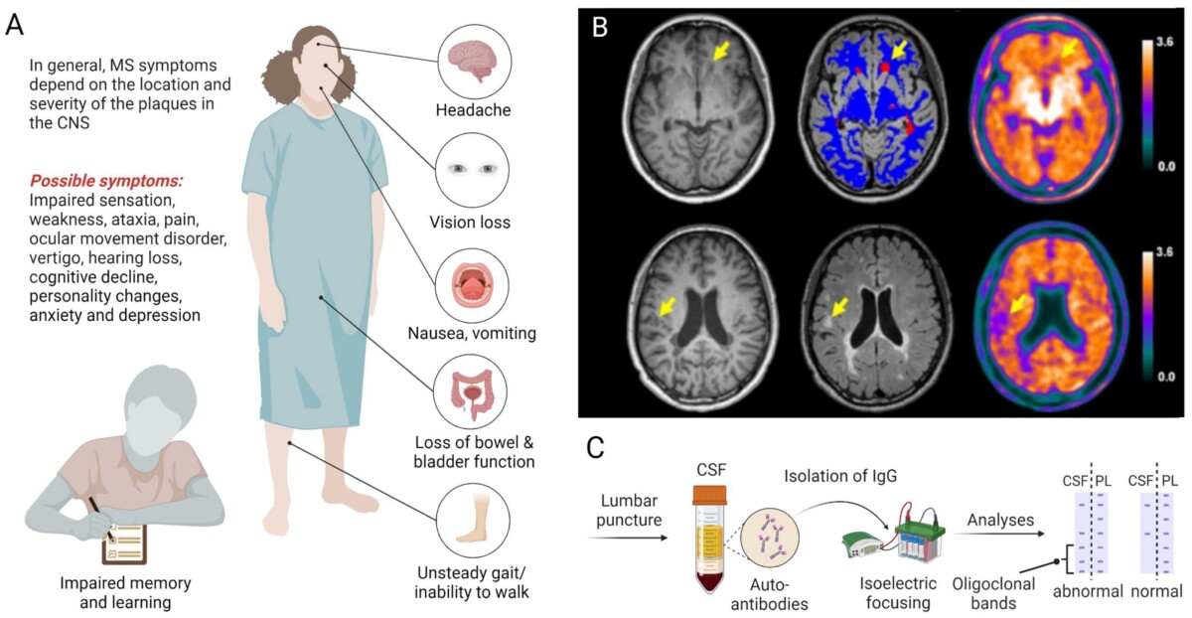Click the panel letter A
[15, 23]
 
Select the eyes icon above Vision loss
[473, 169]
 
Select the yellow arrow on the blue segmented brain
[899, 49]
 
